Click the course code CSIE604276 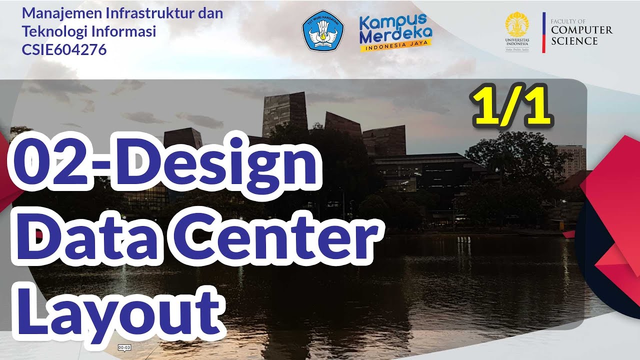click(x=64, y=50)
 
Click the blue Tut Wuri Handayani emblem click(x=323, y=31)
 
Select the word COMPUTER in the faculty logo click(x=581, y=30)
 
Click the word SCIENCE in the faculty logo click(x=574, y=41)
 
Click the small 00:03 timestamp click(x=124, y=347)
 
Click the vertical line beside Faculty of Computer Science click(x=543, y=32)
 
